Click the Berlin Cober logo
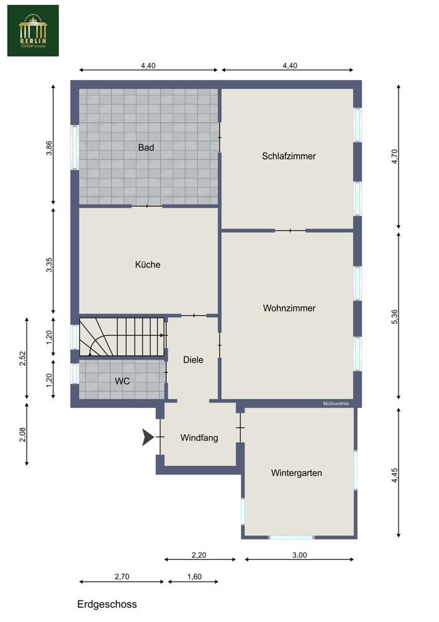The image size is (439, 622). point(33,30)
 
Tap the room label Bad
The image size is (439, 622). point(146,148)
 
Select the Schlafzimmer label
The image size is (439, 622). point(289,156)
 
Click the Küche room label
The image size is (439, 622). point(147,264)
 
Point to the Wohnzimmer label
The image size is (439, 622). point(289,308)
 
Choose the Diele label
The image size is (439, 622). point(193,360)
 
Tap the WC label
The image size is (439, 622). point(122,381)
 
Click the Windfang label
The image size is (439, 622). point(199,438)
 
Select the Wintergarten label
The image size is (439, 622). point(297,473)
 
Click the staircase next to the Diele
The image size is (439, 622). point(121,337)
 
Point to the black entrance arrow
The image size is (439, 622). point(148,437)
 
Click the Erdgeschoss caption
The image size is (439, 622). point(107,604)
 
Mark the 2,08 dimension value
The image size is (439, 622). point(23,434)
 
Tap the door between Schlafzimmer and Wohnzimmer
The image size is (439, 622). point(290,231)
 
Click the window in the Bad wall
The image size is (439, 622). point(75,147)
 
